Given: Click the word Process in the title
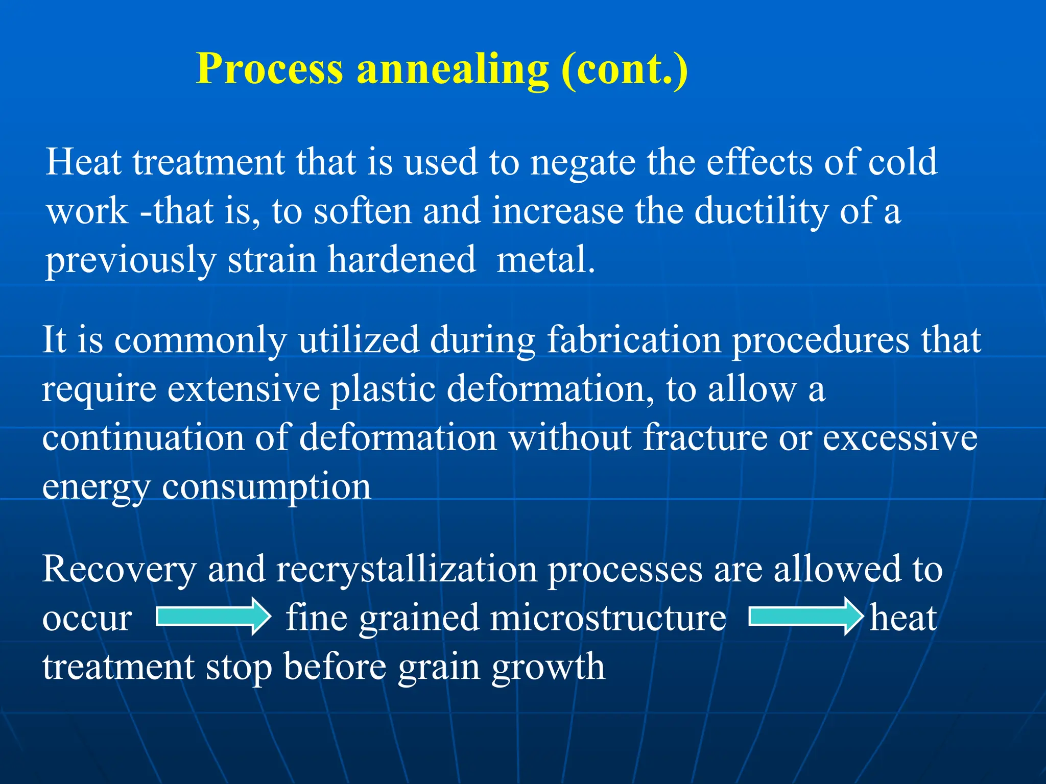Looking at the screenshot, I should (x=269, y=69).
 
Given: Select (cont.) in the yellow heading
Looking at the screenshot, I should (x=624, y=69).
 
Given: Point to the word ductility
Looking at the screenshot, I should (x=761, y=212).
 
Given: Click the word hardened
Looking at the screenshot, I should (x=401, y=259).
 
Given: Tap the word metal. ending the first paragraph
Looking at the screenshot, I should (x=545, y=259).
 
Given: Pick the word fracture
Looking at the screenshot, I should (x=705, y=438).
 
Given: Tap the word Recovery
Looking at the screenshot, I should (x=119, y=570).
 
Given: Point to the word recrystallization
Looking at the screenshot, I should (x=407, y=570).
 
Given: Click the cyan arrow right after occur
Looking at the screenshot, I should (x=213, y=617).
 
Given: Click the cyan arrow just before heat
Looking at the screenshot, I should (x=805, y=617).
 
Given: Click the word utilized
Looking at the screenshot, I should (x=359, y=340).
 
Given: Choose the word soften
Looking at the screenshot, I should (x=362, y=211).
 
